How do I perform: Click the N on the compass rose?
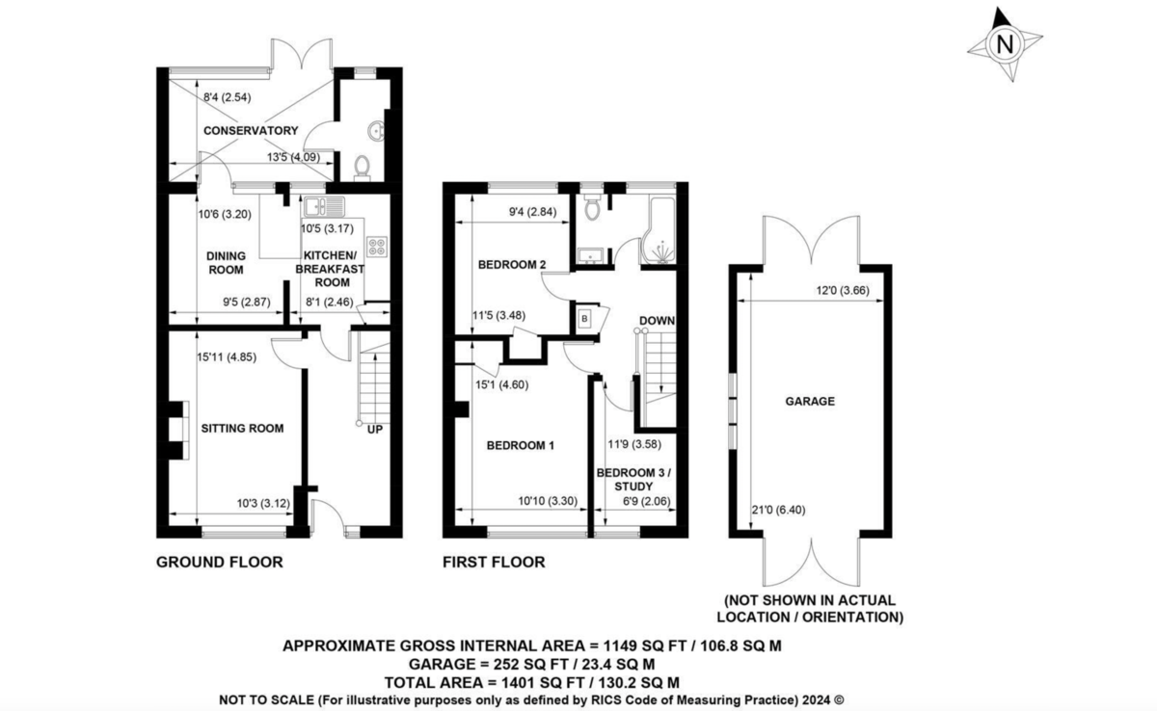point(1005,44)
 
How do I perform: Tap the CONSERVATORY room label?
point(251,130)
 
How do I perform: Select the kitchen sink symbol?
point(324,206)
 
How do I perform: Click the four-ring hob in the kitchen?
point(377,247)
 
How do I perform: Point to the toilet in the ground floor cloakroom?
point(363,169)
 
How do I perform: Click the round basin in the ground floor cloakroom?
point(376,131)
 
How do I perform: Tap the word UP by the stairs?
point(375,430)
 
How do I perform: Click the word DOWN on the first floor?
point(657,321)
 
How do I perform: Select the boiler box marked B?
point(584,319)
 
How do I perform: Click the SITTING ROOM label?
point(242,429)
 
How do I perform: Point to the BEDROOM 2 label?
point(512,265)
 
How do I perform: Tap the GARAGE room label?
point(810,401)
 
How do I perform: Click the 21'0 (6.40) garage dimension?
point(778,510)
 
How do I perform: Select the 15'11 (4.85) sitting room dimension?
point(227,357)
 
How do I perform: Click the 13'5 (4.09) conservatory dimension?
point(293,157)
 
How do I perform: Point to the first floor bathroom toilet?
point(592,207)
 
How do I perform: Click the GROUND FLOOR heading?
point(220,562)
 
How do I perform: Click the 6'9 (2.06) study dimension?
point(647,501)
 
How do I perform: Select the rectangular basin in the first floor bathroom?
point(590,255)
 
